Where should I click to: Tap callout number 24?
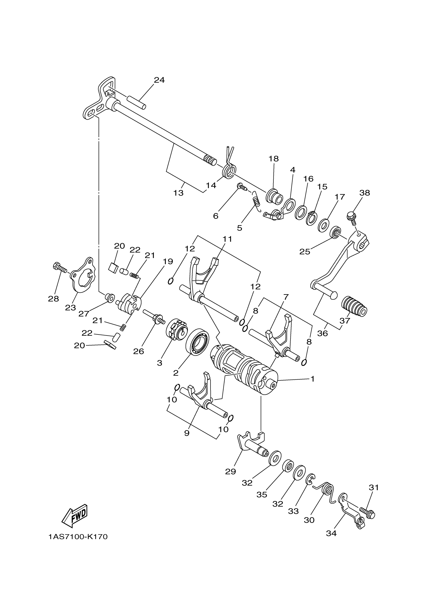[159, 80]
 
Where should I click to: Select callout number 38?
[365, 193]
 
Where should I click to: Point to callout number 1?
[313, 379]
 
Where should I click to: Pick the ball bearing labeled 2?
[198, 343]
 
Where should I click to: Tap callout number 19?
[168, 261]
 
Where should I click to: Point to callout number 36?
[322, 333]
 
